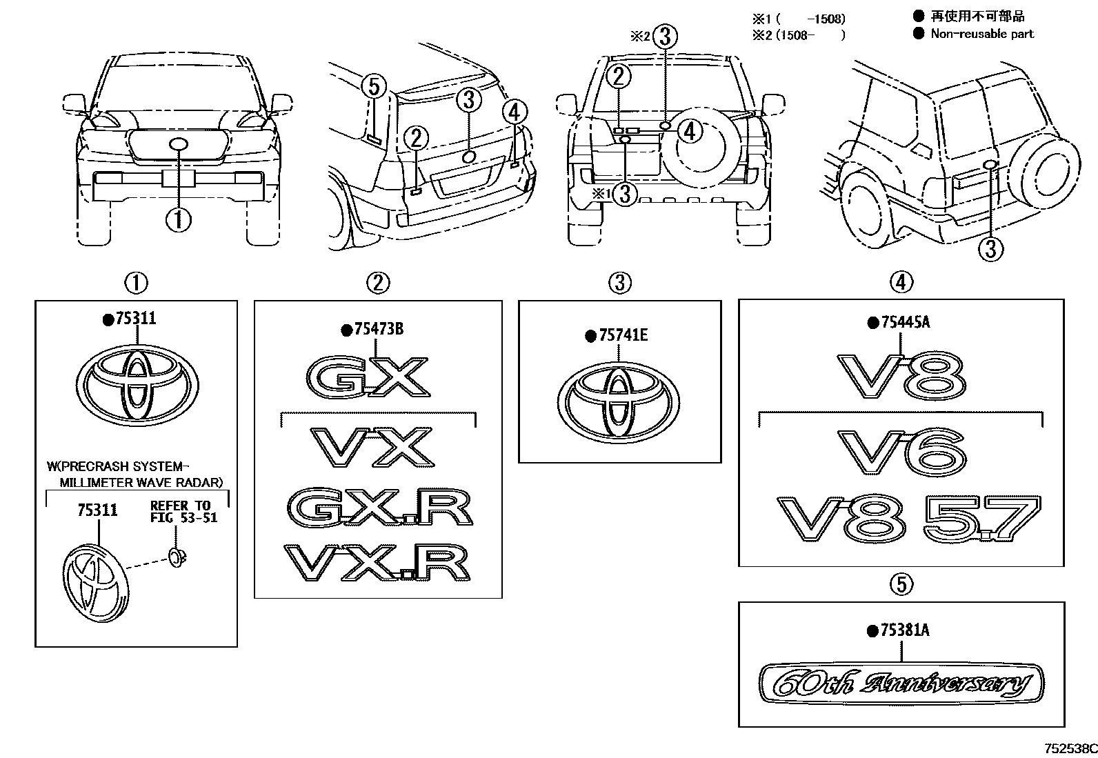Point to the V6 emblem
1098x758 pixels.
[x=901, y=451]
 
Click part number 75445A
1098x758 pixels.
[x=904, y=322]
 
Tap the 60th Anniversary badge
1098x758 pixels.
[x=901, y=684]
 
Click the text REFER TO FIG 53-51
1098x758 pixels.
[x=183, y=511]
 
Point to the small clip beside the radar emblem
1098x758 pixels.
[x=178, y=555]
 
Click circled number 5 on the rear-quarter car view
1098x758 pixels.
[x=372, y=87]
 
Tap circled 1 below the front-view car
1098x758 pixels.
[x=178, y=220]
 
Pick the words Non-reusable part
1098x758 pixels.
[x=981, y=34]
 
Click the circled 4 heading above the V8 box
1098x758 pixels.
[x=901, y=281]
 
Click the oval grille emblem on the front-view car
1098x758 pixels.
[x=179, y=144]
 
